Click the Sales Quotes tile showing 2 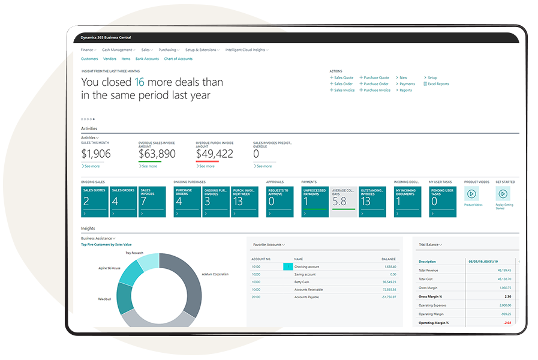[94, 202]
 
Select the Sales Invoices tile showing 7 [152, 202]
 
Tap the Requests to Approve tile [279, 202]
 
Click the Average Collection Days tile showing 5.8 [343, 202]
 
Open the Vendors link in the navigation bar [110, 59]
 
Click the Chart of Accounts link [178, 59]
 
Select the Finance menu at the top [88, 50]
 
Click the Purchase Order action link [375, 84]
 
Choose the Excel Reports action [437, 84]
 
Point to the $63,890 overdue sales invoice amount [157, 154]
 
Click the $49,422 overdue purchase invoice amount [214, 154]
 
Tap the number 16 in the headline [139, 82]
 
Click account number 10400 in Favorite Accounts [256, 289]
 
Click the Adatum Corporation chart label [215, 274]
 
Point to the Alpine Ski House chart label [109, 268]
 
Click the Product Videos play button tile [471, 194]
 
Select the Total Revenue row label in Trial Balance [429, 271]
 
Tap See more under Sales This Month [91, 166]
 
